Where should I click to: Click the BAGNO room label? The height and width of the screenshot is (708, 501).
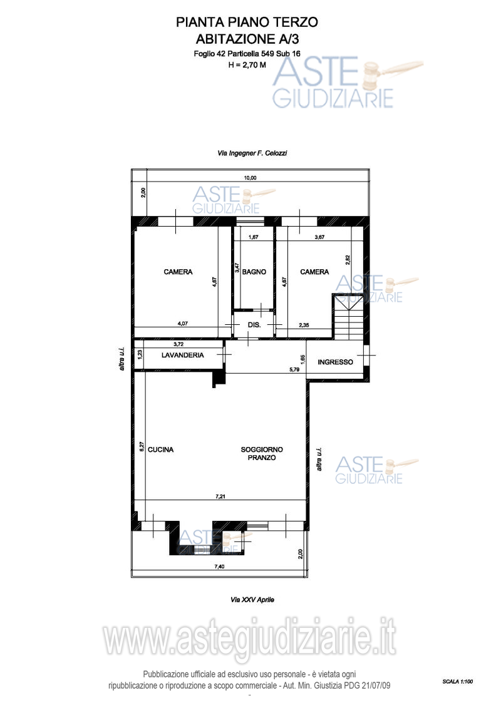[x=254, y=272]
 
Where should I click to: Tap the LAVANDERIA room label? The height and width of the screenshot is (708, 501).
[x=182, y=355]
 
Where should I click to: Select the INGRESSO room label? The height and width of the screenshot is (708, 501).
[x=335, y=362]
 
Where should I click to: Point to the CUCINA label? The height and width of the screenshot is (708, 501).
[x=160, y=449]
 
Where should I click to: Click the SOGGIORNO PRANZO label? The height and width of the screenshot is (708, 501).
[x=262, y=453]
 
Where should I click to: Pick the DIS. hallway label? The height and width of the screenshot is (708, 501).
[x=254, y=325]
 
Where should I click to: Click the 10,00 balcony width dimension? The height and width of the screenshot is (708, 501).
[x=250, y=178]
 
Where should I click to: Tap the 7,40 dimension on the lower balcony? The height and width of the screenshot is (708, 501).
[x=219, y=567]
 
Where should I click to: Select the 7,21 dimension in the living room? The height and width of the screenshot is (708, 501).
[x=220, y=496]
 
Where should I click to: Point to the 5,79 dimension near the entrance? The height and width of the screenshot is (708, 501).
[x=294, y=369]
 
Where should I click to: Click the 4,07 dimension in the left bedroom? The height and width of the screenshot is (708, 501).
[x=182, y=323]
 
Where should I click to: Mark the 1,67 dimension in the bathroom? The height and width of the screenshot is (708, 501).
[x=254, y=237]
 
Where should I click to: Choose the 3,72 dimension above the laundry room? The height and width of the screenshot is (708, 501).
[x=178, y=344]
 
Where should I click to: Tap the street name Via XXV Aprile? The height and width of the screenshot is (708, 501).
[x=252, y=600]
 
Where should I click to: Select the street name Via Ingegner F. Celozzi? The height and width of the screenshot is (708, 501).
[x=252, y=153]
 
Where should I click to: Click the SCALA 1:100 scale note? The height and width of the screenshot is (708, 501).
[x=458, y=681]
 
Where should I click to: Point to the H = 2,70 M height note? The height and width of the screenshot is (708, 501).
[x=247, y=64]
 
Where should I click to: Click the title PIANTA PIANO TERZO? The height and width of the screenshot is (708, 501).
[x=247, y=22]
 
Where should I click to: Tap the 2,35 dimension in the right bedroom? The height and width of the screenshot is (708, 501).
[x=304, y=325]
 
